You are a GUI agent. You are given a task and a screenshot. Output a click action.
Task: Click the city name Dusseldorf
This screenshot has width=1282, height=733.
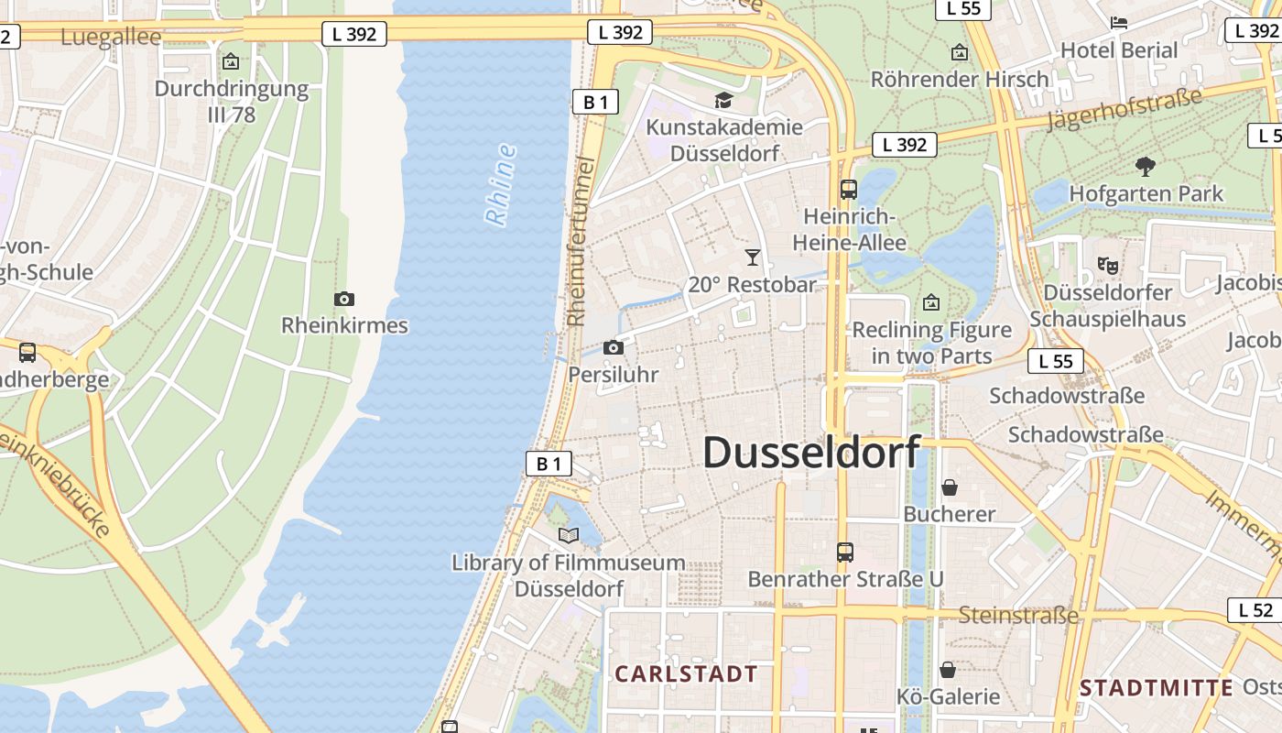[811, 453]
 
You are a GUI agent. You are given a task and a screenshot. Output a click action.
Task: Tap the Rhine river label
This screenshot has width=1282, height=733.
[501, 185]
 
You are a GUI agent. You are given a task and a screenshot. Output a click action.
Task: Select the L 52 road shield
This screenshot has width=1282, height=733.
[1255, 610]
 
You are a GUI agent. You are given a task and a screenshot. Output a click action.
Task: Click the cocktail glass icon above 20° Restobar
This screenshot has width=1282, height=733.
[753, 257]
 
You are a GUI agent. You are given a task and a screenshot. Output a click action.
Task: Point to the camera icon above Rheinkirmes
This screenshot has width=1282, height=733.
[344, 299]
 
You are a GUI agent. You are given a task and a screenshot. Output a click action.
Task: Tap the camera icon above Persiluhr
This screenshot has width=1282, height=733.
[614, 348]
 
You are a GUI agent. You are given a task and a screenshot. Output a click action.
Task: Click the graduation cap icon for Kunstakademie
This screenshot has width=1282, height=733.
[724, 100]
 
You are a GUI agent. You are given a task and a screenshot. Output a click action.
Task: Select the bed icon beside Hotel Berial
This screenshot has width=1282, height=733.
[1118, 23]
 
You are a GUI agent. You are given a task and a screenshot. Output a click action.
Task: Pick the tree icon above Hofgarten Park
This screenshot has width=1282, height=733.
[1145, 166]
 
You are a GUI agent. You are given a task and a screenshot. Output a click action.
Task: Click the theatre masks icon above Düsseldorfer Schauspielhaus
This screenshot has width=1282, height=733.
[1108, 266]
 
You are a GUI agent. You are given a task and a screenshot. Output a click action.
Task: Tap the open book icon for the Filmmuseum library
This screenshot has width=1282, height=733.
[569, 535]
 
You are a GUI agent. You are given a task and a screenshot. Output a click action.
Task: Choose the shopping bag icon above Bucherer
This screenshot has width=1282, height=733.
[950, 487]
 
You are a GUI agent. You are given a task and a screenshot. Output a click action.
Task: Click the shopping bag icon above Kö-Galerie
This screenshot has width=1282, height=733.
[948, 670]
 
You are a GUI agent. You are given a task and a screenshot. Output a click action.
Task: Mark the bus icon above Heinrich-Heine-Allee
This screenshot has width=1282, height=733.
[849, 190]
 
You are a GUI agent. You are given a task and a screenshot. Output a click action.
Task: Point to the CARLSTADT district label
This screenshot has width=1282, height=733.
[686, 674]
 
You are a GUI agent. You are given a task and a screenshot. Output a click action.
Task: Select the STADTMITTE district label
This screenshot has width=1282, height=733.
[1156, 688]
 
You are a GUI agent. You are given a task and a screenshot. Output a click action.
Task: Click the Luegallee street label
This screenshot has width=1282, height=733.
[111, 38]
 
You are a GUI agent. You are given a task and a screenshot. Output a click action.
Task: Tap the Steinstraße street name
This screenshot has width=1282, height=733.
[1018, 615]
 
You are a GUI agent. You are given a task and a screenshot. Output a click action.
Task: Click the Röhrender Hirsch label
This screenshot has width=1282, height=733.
[960, 79]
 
